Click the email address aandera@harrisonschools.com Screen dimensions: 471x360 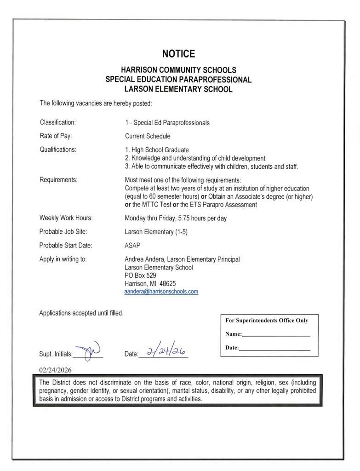161,292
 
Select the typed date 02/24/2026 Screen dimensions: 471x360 56,370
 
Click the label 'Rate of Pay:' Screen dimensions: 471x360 56,136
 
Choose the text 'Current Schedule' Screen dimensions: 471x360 148,136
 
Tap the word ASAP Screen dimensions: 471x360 132,245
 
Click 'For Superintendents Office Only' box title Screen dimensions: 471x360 267,321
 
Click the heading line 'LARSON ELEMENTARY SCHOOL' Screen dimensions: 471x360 178,89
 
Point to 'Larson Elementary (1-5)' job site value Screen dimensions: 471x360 155,231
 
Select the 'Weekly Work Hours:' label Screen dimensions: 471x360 66,218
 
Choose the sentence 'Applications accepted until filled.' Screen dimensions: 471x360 81,313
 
